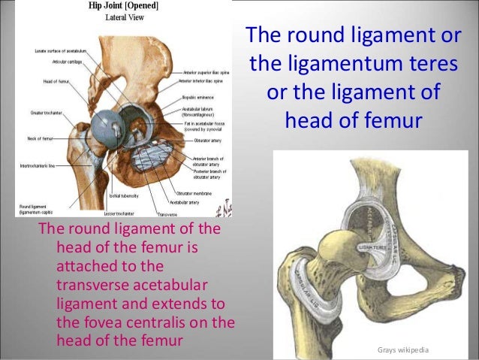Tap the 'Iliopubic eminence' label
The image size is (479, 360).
tap(197, 98)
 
